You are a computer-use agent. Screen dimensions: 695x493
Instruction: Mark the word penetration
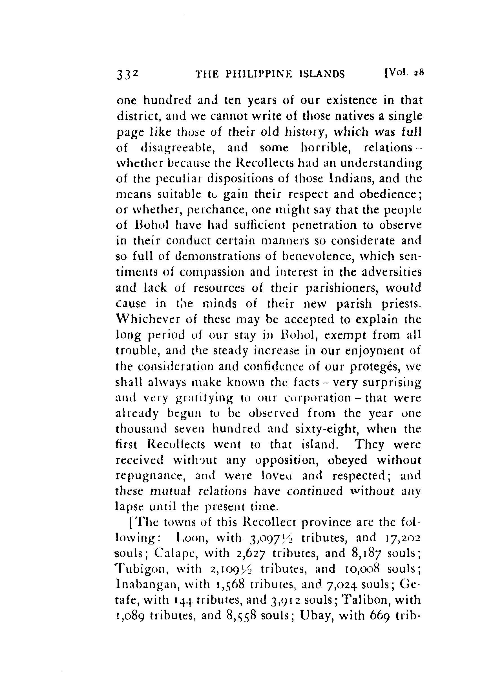pos(325,225)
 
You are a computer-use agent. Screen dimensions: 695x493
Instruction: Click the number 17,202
pos(401,538)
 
